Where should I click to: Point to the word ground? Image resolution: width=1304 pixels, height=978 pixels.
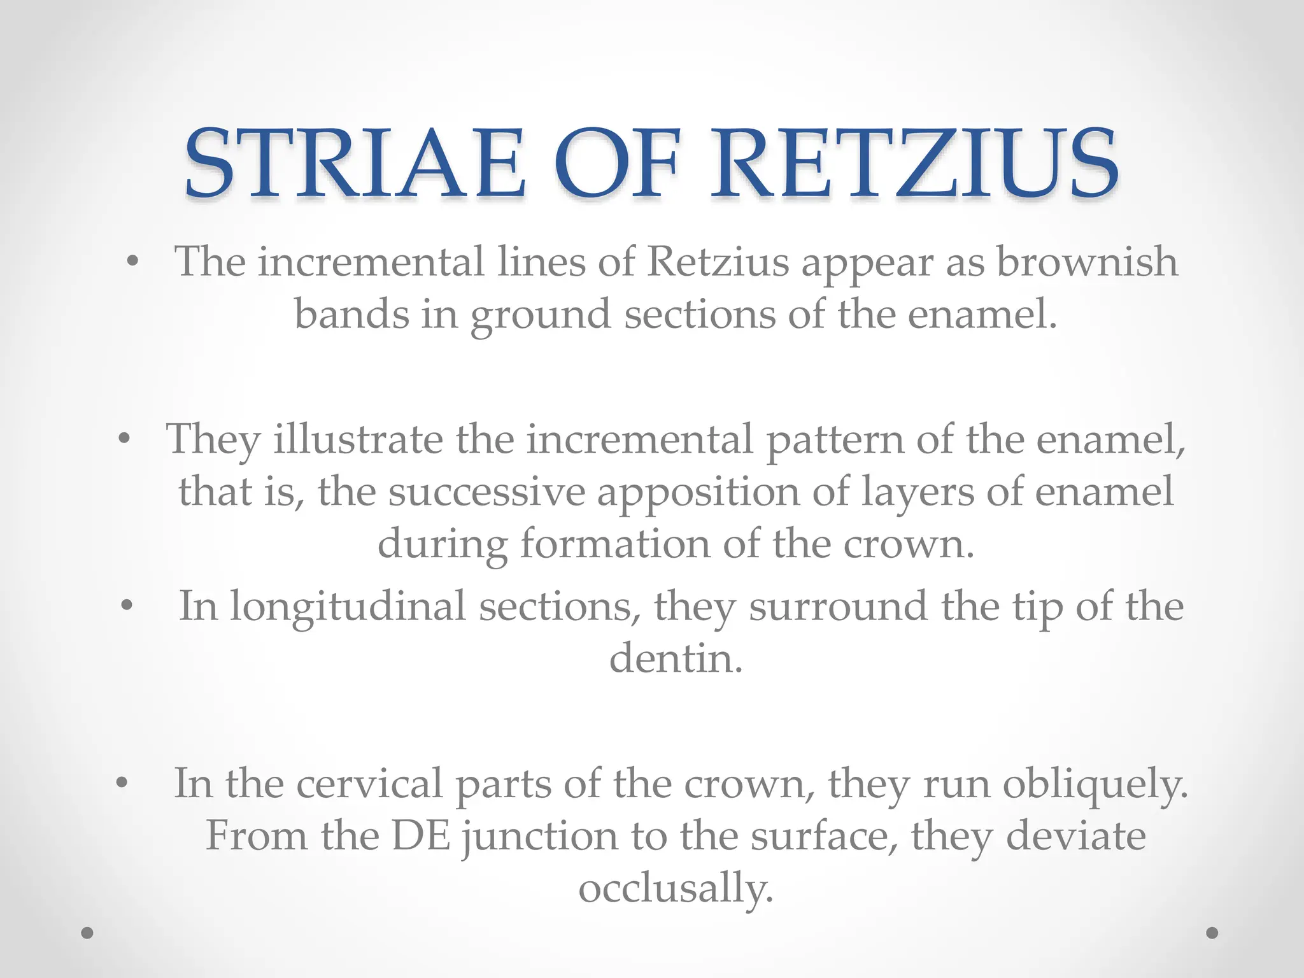541,315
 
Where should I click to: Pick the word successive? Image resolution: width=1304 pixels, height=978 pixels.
486,492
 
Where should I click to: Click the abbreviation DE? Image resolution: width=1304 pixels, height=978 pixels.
421,835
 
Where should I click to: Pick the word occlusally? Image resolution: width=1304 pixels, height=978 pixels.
676,888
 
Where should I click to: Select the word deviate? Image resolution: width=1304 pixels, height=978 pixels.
1076,835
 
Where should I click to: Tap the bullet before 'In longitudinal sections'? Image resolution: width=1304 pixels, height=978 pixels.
127,606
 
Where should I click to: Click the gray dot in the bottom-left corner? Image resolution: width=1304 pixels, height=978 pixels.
88,933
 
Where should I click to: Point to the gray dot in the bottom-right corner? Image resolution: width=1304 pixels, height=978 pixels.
1212,933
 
